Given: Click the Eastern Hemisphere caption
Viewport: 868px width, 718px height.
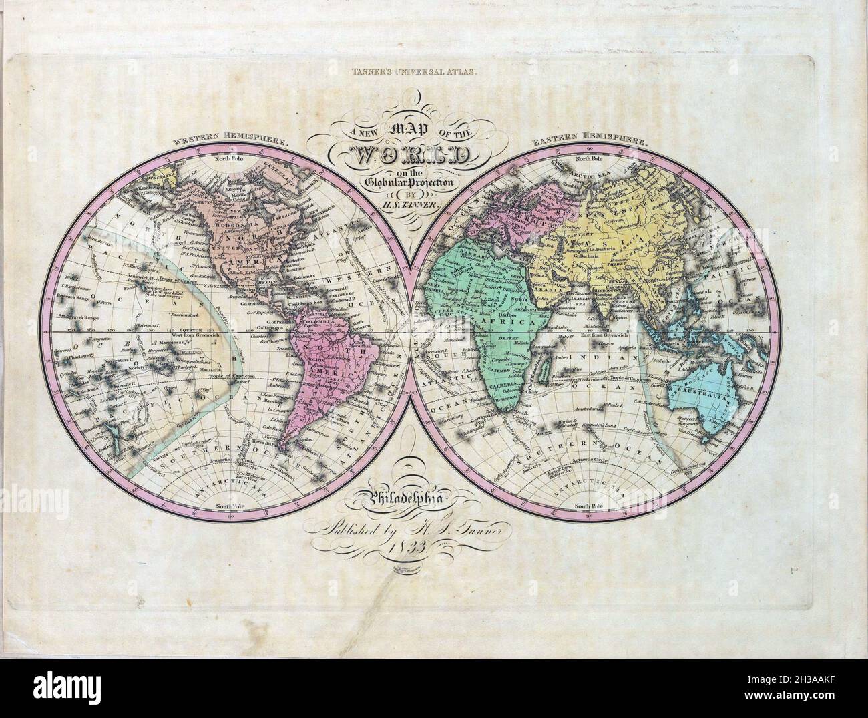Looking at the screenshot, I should pos(589,142).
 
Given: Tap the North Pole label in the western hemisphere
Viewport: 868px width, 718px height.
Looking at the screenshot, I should pos(230,159).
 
